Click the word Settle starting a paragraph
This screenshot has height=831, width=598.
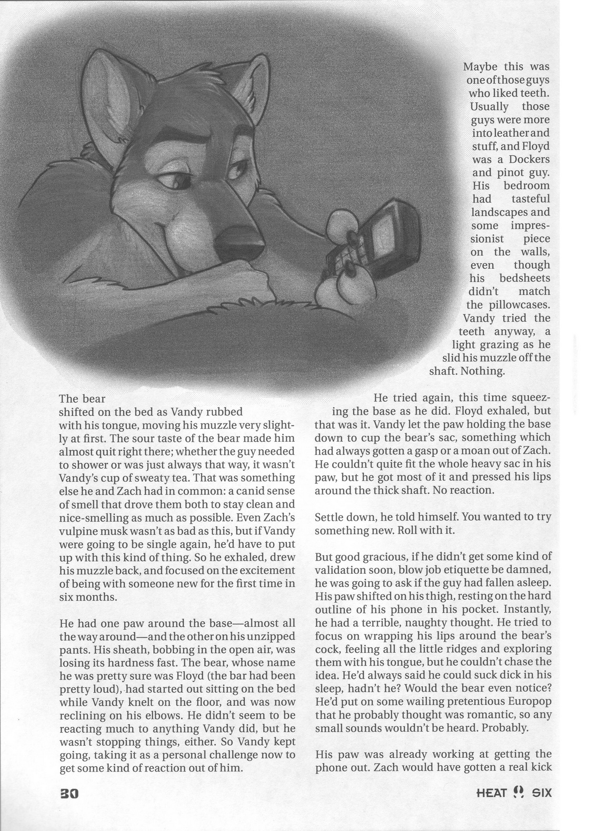tap(331, 516)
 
